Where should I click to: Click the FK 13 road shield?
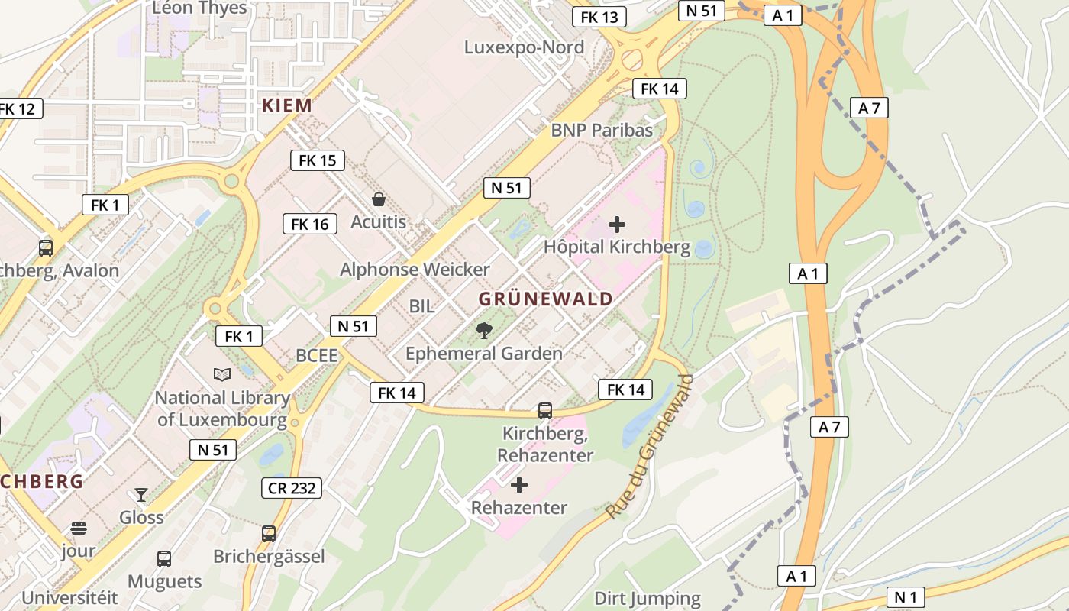point(599,17)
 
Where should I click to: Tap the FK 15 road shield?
point(317,160)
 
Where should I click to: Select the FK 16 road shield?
point(310,224)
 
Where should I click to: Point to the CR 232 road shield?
point(292,488)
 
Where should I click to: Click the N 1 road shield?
point(906,596)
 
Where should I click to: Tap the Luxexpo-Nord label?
point(524,47)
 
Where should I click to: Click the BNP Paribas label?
point(602,131)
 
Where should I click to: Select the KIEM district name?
point(287,105)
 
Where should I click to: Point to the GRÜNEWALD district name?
point(545,299)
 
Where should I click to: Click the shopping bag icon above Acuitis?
point(378,200)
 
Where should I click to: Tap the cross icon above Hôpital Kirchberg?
point(616,225)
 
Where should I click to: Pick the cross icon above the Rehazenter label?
point(519,485)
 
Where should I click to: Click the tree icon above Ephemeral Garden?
point(483,330)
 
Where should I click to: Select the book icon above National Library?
point(222,374)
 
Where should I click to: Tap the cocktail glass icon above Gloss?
point(141,495)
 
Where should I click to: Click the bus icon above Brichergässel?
point(269,534)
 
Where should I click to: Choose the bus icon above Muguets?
point(164,559)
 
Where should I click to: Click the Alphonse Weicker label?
point(415,270)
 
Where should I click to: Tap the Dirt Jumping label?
point(648,599)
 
